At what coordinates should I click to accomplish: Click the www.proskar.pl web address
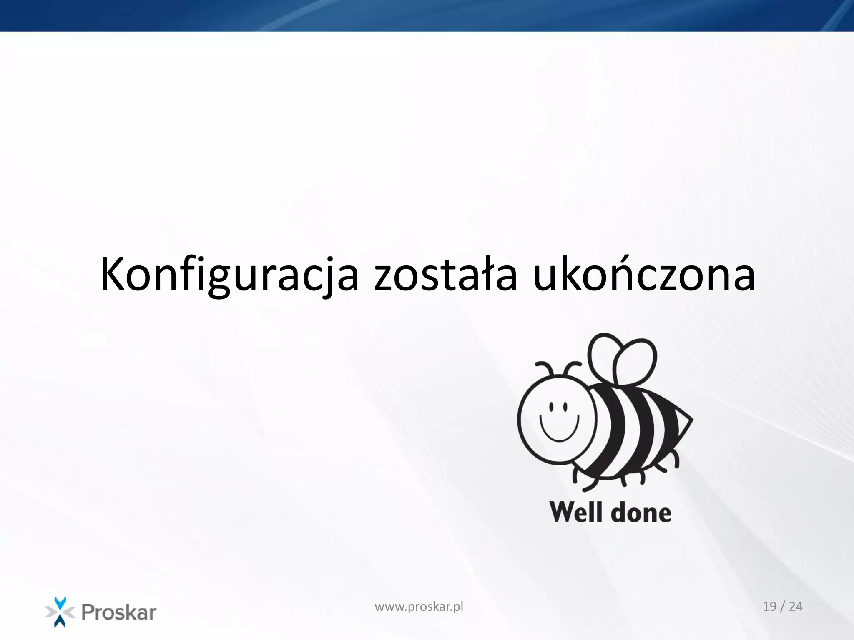[x=419, y=607]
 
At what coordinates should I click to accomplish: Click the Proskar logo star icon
[x=60, y=612]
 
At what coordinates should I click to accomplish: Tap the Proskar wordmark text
[x=119, y=612]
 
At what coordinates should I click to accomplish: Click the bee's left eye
[x=551, y=406]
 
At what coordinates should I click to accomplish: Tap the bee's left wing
[x=602, y=354]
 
